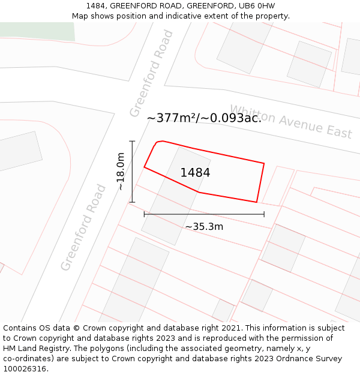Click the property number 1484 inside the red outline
(195, 173)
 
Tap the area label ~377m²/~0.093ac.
(204, 118)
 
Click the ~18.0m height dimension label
(121, 172)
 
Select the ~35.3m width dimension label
(204, 227)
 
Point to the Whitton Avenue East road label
(291, 122)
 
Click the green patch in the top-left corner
(36, 31)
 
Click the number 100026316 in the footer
(25, 369)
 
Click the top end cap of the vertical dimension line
(132, 141)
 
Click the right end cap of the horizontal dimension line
(264, 214)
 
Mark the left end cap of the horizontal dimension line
(144, 214)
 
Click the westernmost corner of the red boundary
(144, 167)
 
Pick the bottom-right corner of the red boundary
(257, 202)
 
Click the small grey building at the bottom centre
(223, 310)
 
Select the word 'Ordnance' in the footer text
(299, 359)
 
